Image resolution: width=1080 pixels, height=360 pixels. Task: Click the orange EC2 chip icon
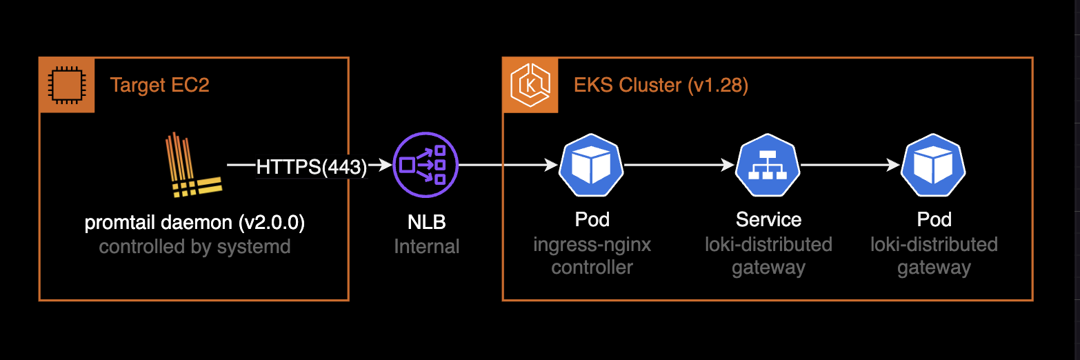point(66,85)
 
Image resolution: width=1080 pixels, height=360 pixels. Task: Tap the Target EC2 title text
point(159,85)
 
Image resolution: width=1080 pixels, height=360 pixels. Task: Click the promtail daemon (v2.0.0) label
point(194,223)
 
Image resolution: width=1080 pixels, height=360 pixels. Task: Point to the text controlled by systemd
point(194,246)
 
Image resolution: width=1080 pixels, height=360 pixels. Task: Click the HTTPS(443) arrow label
point(311,166)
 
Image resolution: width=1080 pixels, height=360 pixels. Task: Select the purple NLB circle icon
point(426,166)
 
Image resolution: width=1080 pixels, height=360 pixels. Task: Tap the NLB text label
point(426,222)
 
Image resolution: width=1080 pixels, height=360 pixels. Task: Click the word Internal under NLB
point(426,246)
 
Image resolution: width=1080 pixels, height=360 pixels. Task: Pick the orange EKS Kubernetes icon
point(530,85)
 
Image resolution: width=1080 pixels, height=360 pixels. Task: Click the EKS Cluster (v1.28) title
point(661,85)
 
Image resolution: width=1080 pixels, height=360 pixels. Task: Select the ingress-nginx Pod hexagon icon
point(591,166)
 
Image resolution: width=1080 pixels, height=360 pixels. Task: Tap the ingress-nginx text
point(592,244)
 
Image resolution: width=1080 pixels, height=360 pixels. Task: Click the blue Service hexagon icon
point(768,166)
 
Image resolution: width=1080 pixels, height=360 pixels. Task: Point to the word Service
point(768,220)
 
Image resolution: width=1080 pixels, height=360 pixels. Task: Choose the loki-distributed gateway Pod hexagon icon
point(934,166)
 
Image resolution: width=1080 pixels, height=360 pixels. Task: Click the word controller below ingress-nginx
point(592,267)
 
